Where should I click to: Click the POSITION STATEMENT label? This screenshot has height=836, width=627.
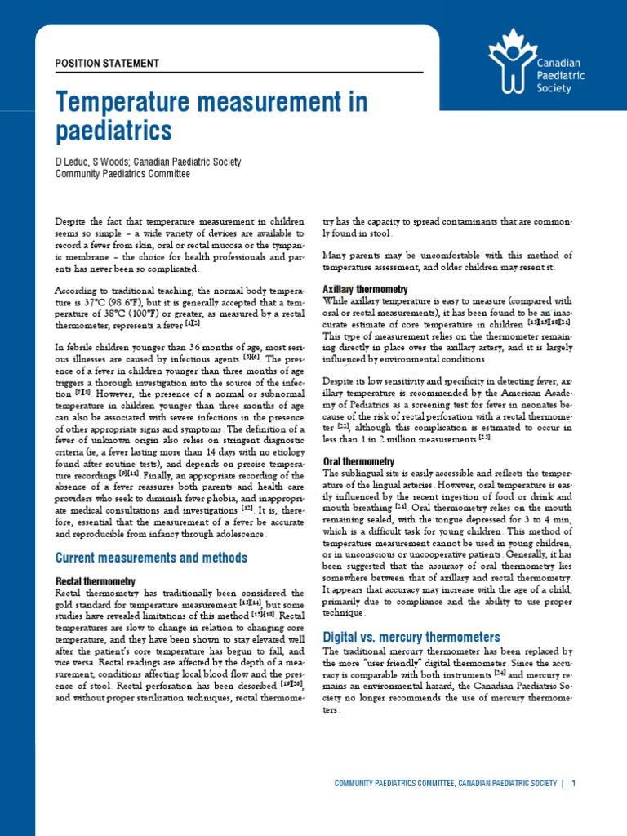(107, 63)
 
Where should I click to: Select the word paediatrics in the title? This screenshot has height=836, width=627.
(113, 130)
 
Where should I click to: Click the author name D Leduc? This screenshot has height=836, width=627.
(73, 162)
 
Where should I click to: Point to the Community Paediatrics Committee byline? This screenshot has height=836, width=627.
(122, 174)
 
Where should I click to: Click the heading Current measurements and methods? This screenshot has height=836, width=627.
(150, 558)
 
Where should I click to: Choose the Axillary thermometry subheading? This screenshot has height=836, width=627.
(365, 290)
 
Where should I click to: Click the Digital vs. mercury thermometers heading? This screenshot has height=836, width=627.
(411, 636)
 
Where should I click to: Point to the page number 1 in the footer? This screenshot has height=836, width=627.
(575, 784)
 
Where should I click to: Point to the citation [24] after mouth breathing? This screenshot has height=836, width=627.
(400, 506)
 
